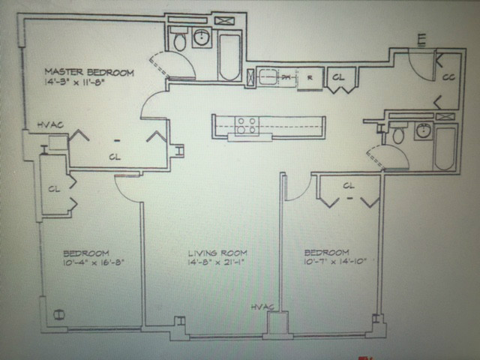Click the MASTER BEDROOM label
[x=89, y=73]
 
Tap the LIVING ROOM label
[x=217, y=253]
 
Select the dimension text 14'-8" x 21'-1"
[x=217, y=263]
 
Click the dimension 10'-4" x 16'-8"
[x=92, y=263]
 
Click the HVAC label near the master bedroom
[x=49, y=125]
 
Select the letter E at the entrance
[x=421, y=38]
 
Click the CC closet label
[x=448, y=76]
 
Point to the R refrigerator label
[x=309, y=76]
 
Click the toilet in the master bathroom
[x=179, y=40]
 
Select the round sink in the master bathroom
[x=202, y=37]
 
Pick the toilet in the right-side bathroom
[x=398, y=135]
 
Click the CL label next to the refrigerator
[x=338, y=76]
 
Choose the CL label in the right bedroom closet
[x=348, y=185]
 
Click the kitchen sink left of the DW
[x=268, y=76]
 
